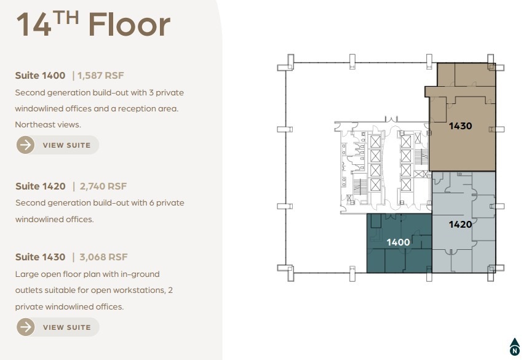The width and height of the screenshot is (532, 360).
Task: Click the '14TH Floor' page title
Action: click(92, 25)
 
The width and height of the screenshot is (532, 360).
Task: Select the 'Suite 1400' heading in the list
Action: click(40, 76)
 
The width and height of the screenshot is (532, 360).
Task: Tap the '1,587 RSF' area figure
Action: click(100, 76)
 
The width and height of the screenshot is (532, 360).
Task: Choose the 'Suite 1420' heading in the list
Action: click(40, 186)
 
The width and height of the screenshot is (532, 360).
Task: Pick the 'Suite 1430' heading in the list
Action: click(40, 257)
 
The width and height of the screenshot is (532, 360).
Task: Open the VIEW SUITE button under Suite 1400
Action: click(58, 145)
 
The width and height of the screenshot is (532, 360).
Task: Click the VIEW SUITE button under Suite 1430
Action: click(58, 327)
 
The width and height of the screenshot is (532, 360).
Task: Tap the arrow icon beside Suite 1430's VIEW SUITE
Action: click(26, 327)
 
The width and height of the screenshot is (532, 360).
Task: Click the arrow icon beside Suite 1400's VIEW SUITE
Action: click(26, 145)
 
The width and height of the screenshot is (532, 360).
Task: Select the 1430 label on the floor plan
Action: click(460, 126)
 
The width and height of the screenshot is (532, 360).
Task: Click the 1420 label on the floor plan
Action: click(460, 224)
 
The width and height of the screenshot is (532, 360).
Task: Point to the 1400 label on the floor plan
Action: click(398, 242)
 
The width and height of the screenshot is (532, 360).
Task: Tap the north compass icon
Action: click(514, 347)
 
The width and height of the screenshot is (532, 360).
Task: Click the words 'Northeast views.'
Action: click(47, 124)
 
